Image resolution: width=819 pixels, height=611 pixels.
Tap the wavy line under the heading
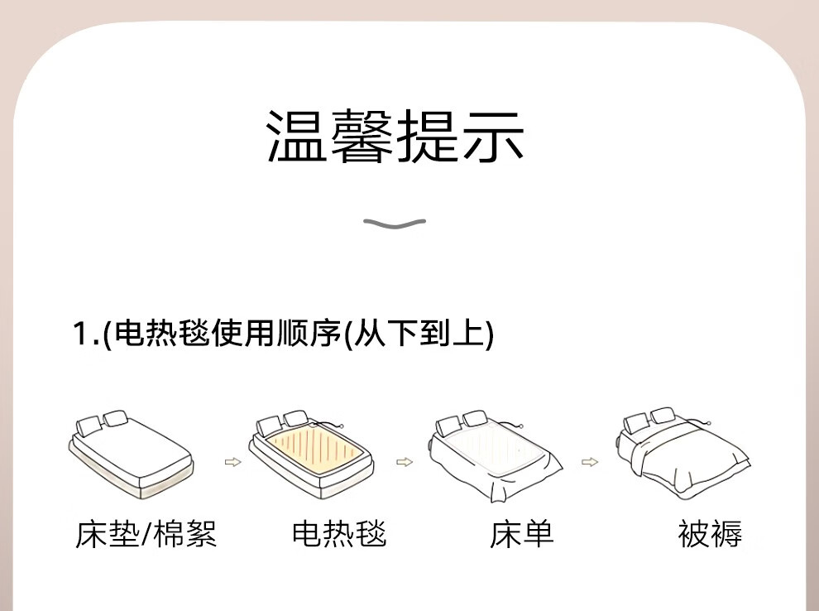[x=395, y=224]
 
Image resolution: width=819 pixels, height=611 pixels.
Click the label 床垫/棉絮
[x=146, y=534]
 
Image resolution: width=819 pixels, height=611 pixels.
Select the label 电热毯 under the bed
[x=339, y=534]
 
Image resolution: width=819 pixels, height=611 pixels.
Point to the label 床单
[x=521, y=534]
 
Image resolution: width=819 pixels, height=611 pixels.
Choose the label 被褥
[x=710, y=534]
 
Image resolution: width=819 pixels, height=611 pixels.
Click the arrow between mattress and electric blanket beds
[x=232, y=462]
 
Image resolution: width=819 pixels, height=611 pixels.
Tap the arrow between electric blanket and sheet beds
[x=404, y=462]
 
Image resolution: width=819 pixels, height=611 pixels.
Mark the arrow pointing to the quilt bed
[x=589, y=462]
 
